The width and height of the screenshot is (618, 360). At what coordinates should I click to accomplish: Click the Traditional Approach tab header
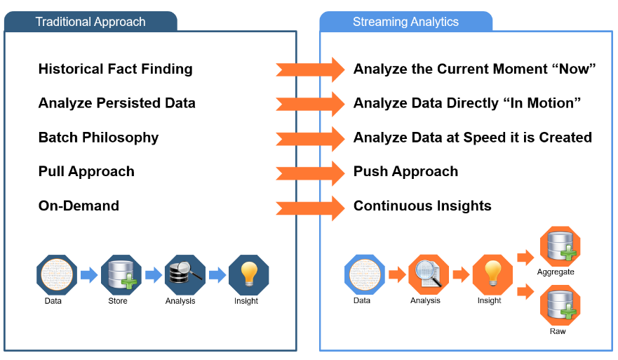click(x=90, y=21)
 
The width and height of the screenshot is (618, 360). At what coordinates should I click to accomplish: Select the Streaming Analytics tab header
click(x=405, y=21)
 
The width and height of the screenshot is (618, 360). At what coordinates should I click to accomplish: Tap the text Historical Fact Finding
click(x=116, y=69)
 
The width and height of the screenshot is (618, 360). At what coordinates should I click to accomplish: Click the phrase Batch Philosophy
click(x=98, y=138)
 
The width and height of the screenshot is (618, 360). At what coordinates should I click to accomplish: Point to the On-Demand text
click(x=79, y=206)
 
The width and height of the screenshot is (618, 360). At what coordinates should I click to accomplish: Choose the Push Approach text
click(x=405, y=171)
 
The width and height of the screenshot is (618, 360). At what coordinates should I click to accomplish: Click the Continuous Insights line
click(x=422, y=206)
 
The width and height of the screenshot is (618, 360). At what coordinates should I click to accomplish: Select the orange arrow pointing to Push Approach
click(x=310, y=173)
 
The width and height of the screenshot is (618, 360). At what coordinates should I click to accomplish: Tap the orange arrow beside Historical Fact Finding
click(x=310, y=69)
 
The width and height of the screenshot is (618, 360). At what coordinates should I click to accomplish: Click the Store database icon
click(x=121, y=275)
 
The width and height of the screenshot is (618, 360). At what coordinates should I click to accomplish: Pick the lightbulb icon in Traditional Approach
click(x=249, y=275)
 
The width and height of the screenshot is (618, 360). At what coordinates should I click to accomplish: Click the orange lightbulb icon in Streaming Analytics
click(x=492, y=275)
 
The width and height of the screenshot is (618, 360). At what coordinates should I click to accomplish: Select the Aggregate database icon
click(x=560, y=246)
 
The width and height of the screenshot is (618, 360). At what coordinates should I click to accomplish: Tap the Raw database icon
click(x=560, y=305)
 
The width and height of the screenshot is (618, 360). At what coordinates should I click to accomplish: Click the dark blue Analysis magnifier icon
click(x=185, y=275)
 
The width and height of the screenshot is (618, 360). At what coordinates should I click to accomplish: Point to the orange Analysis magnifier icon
click(x=429, y=275)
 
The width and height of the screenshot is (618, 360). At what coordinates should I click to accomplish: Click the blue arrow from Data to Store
click(x=89, y=275)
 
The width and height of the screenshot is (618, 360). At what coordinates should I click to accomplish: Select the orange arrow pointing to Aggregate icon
click(x=525, y=258)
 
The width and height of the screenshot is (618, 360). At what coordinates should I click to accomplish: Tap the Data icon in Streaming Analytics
click(x=365, y=275)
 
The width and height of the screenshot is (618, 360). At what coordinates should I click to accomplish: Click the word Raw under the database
click(x=558, y=331)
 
